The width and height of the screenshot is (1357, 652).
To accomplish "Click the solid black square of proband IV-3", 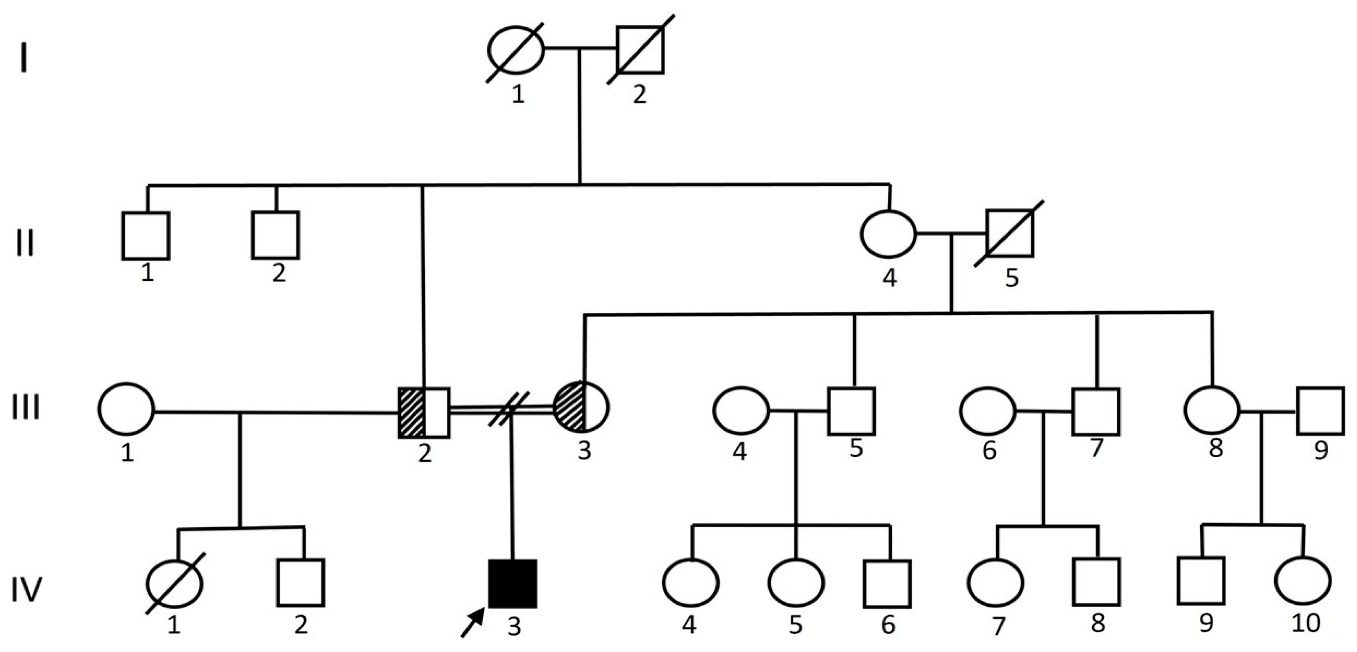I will pos(512,584).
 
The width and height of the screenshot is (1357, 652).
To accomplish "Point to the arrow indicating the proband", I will pos(473,622).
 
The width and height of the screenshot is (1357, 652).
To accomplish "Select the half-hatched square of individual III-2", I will pos(424,413).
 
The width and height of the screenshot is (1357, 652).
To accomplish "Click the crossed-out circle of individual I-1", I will pos(515,51).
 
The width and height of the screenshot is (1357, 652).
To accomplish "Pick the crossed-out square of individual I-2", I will pos(640,50).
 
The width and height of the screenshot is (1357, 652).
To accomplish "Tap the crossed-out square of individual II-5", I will pos(1010,234).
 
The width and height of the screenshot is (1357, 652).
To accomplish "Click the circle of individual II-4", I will pos(889,234).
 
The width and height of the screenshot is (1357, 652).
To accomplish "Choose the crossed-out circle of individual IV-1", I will pos(174,583).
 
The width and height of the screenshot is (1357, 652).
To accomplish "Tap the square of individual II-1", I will pos(146,236).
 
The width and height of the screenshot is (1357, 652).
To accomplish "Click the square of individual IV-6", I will pos(888,584).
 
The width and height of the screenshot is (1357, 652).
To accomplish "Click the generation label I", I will pos(24,58).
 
